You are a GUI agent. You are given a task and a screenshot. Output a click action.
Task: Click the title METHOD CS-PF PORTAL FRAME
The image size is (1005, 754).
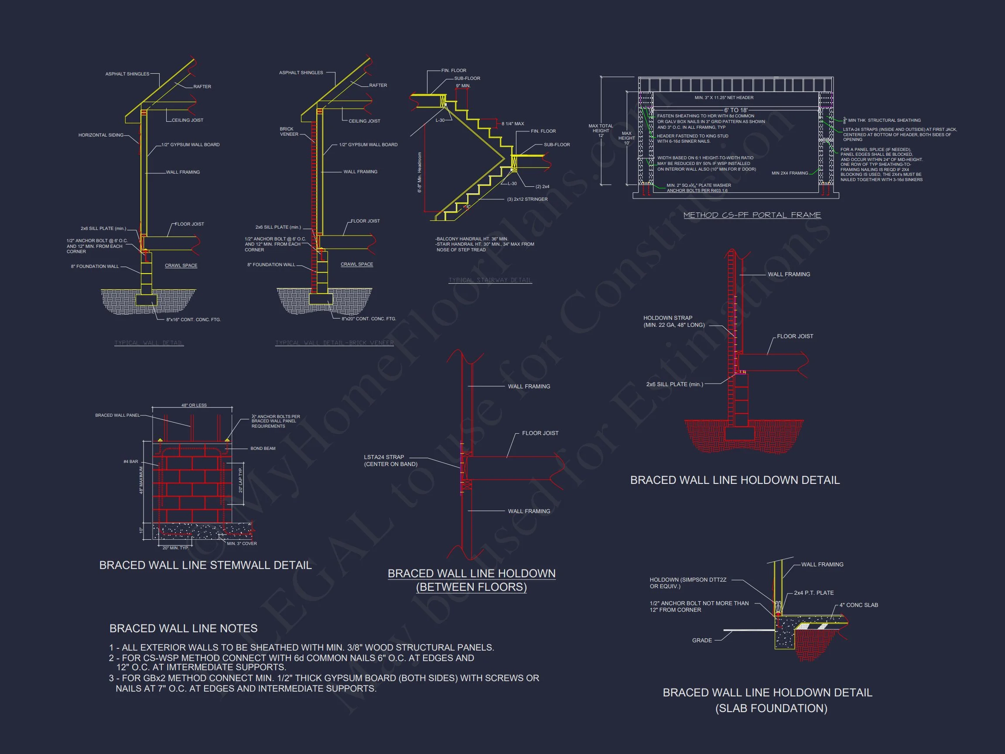click(752, 215)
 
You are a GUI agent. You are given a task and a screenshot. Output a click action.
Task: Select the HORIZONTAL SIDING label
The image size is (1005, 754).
click(101, 135)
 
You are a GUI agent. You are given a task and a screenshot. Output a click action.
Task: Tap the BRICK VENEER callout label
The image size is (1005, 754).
click(289, 131)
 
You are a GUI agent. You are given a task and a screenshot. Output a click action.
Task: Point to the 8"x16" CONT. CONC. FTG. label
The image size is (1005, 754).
click(194, 319)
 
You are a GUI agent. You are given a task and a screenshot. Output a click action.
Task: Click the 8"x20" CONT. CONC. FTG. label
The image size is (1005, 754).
click(369, 319)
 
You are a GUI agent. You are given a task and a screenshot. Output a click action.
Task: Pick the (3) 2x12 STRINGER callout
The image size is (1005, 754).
click(527, 199)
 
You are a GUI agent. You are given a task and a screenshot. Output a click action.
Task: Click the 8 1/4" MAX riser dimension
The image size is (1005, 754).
click(513, 123)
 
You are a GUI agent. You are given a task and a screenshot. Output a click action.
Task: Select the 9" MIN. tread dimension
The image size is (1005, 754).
click(463, 86)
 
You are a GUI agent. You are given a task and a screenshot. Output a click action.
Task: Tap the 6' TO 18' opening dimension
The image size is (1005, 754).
click(735, 110)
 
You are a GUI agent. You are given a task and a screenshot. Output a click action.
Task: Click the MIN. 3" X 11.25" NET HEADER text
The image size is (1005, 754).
click(724, 98)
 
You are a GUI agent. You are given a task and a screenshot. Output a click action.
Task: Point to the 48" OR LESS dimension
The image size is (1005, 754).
click(194, 405)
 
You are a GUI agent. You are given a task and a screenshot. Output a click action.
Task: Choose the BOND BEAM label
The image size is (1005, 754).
click(263, 448)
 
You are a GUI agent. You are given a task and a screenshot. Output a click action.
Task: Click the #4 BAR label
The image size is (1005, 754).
click(131, 461)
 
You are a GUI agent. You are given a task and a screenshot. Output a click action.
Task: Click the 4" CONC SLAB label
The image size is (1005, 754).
click(858, 605)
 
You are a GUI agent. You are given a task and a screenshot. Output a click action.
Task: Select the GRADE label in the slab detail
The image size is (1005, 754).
click(701, 641)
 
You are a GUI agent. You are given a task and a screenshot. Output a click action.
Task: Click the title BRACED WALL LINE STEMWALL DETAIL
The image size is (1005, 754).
click(205, 565)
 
